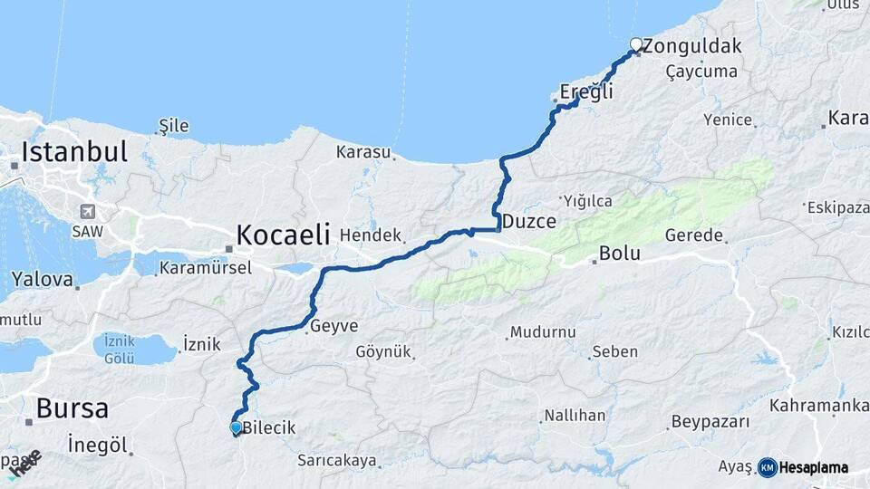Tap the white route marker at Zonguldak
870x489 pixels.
tap(636, 43)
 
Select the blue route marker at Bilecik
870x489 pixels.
tap(236, 427)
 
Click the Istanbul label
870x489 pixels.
tap(74, 151)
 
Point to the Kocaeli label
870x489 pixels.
tap(283, 235)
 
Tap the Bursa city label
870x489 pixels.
tap(72, 408)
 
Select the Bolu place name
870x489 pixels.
tap(620, 254)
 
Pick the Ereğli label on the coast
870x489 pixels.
tap(586, 91)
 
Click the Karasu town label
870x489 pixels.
tap(362, 151)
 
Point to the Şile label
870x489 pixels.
tap(173, 126)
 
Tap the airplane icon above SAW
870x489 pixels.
tap(89, 212)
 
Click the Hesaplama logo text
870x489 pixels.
tap(813, 468)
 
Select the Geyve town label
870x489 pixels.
tap(333, 326)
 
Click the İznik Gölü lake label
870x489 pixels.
tap(120, 349)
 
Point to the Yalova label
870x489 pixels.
tap(42, 279)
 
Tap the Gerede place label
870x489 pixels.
tap(694, 235)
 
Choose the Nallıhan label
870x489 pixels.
tap(574, 416)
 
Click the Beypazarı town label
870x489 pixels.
tap(710, 422)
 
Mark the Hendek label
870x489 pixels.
tap(370, 235)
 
